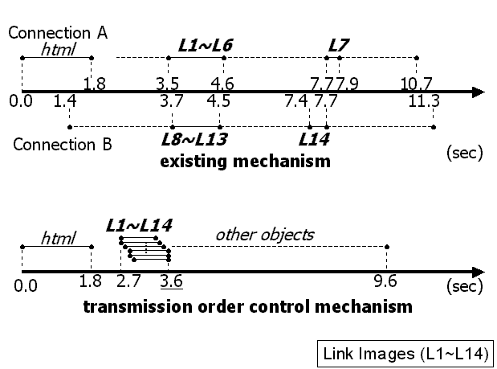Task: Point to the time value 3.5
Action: [168, 84]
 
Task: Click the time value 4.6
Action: [222, 84]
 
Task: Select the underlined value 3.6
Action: [170, 282]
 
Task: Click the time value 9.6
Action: [387, 282]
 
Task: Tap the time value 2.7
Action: [128, 282]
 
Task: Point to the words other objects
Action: [264, 236]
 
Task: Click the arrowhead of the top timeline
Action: [478, 92]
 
